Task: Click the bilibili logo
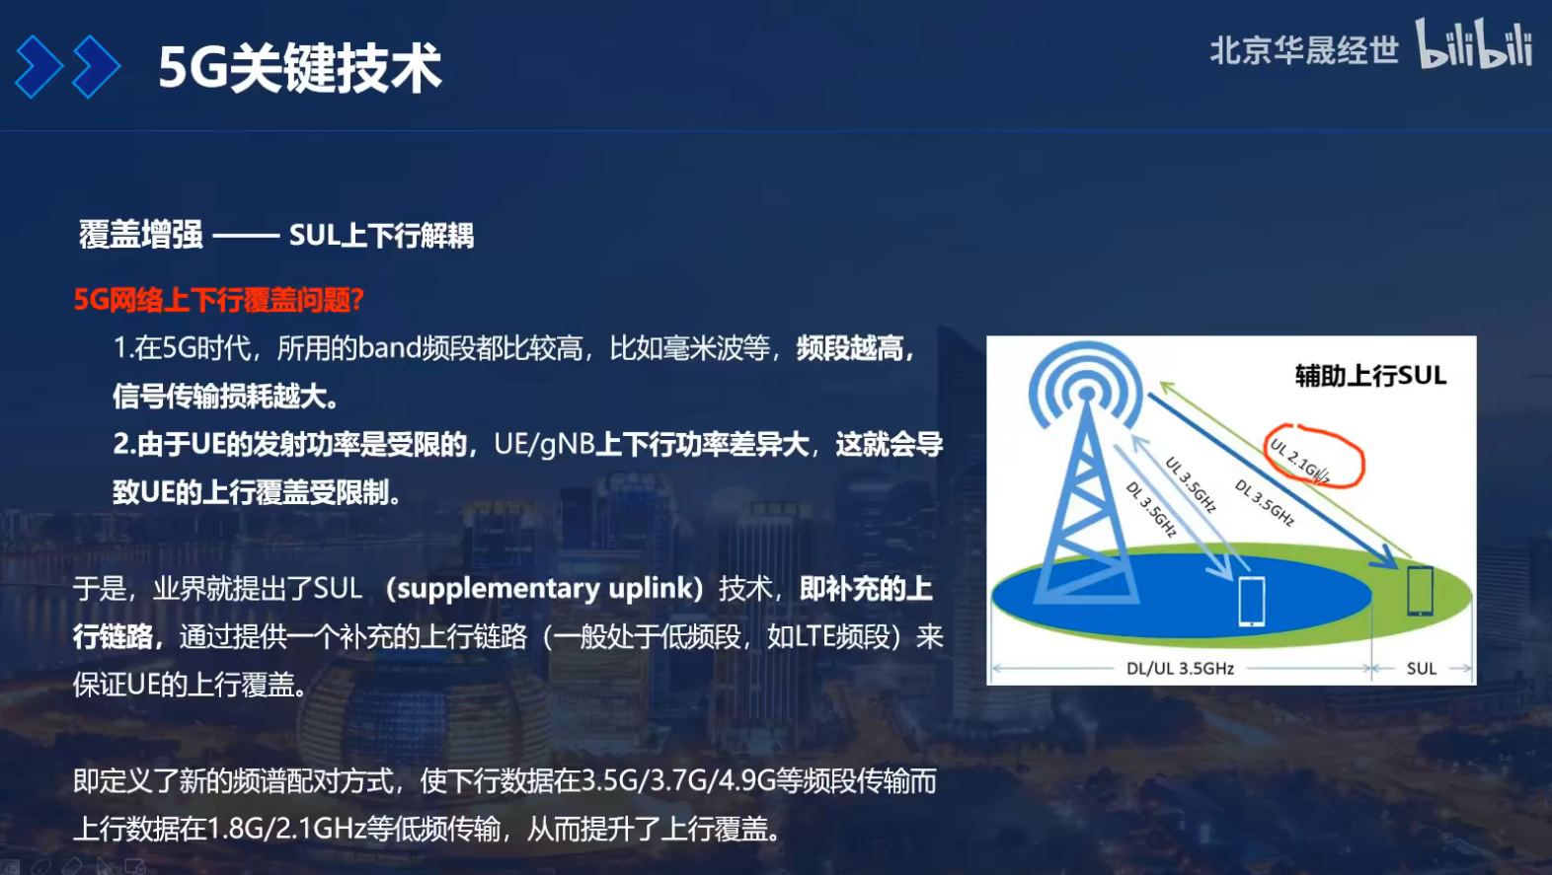coord(1474,44)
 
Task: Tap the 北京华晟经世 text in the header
coord(1303,50)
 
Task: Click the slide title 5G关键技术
coord(300,68)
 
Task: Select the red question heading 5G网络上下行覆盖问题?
coord(219,299)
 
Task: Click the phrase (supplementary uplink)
coord(544,589)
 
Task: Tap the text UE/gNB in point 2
coord(544,444)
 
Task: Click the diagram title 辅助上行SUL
coord(1370,376)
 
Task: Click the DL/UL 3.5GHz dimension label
coord(1180,669)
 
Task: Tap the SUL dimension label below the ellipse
coord(1421,669)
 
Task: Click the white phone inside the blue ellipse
coord(1251,601)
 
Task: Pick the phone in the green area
coord(1420,590)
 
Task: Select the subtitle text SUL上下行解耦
coord(381,236)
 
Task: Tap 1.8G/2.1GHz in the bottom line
coord(287,829)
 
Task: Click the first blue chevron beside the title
coord(39,67)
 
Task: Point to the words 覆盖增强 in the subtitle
coord(141,236)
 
